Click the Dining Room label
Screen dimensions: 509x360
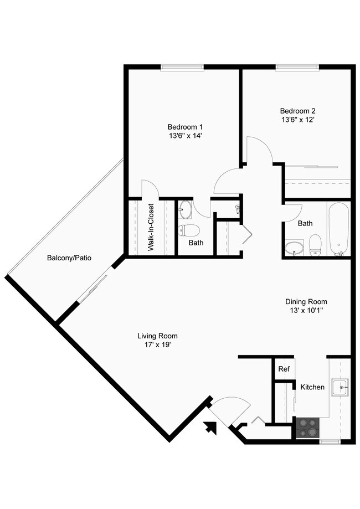(306, 301)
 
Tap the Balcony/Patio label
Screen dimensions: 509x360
(69, 258)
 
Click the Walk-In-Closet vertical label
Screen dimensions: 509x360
(151, 228)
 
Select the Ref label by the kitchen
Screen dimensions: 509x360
(284, 369)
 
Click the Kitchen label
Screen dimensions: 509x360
(312, 387)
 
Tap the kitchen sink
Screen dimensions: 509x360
(339, 387)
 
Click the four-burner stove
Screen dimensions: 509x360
(308, 428)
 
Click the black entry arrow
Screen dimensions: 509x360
(211, 427)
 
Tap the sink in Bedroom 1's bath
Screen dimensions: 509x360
(186, 210)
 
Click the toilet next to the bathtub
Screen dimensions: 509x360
(315, 245)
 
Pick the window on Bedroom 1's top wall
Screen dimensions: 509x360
(182, 68)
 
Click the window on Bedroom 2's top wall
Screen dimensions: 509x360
(297, 68)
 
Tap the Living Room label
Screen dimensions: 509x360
(157, 336)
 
